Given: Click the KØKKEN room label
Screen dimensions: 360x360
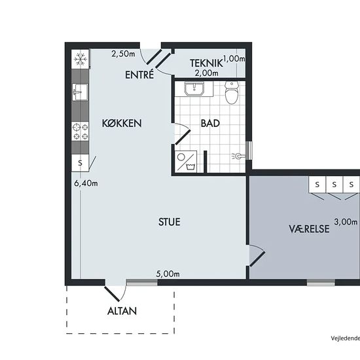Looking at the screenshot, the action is click(x=122, y=123).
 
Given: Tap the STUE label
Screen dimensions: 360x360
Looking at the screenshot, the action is click(x=170, y=222).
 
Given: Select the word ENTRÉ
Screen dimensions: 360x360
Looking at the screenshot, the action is click(x=139, y=75).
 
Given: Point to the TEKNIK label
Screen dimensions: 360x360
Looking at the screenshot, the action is click(x=206, y=63).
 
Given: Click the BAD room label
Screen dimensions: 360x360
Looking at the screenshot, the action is click(x=210, y=123).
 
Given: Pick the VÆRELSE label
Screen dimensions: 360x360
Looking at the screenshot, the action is click(x=309, y=229).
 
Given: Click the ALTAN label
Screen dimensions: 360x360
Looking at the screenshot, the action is click(x=122, y=311).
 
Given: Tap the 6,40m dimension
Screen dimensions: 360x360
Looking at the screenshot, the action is click(x=86, y=183).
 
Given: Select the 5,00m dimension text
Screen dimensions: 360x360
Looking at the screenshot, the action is click(x=168, y=274).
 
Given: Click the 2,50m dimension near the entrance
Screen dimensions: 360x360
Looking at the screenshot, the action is click(x=123, y=54).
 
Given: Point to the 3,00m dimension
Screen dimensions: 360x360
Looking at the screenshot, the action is click(x=346, y=222).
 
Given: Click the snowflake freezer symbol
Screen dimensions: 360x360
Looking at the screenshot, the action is click(x=80, y=59).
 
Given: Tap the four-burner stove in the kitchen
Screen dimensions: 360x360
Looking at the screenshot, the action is click(x=80, y=131).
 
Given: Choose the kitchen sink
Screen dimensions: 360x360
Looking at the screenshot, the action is click(x=80, y=92).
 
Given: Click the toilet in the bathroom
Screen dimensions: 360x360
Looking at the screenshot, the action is click(x=232, y=92).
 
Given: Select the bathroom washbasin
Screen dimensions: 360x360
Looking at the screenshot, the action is click(x=194, y=89).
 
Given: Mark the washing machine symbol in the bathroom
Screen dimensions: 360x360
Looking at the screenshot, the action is click(x=186, y=162).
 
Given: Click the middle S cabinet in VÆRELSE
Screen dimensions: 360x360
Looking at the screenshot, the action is click(x=334, y=185).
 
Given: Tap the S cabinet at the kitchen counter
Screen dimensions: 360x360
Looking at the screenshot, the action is click(x=80, y=163).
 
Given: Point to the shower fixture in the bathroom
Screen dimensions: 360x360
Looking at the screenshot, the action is click(x=238, y=156).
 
